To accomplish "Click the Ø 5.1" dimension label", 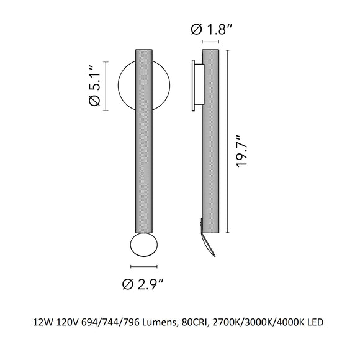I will coord(96,86).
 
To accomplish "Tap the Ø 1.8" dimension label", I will coord(212,29).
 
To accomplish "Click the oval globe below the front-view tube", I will coord(143,246).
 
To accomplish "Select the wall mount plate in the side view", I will coord(196,86).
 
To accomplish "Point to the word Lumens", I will coord(162,323).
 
